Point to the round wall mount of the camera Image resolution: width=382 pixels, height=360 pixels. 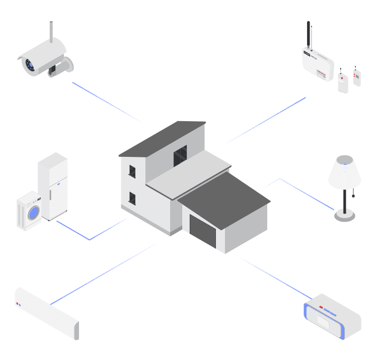(68, 64)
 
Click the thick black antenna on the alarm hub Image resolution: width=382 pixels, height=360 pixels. (308, 35)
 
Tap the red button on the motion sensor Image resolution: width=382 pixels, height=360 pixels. (342, 78)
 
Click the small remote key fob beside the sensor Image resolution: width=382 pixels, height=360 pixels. (357, 76)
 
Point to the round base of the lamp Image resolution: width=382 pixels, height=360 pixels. (345, 217)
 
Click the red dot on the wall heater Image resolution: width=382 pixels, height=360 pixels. (17, 303)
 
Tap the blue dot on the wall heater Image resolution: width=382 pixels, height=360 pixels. (20, 305)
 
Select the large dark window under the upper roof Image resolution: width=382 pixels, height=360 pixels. (180, 156)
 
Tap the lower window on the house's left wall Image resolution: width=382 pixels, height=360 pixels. (132, 198)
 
